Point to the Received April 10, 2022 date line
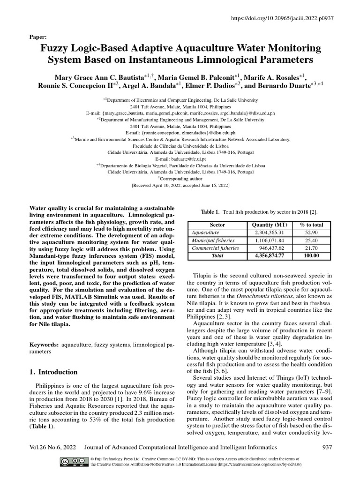pos(180,185)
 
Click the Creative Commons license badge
pos(74,461)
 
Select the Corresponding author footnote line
pos(180,179)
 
